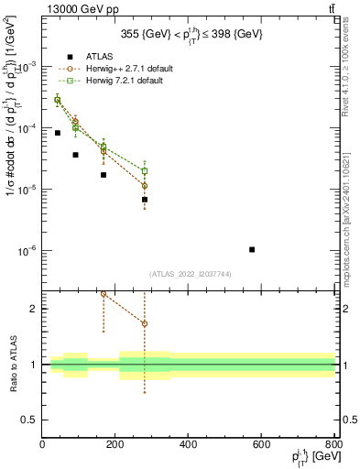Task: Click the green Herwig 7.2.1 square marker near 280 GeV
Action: [145, 170]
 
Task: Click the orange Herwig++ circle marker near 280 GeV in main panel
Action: [145, 186]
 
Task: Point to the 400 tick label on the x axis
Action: [190, 444]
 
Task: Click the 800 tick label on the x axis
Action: [335, 444]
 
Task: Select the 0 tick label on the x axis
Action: [43, 444]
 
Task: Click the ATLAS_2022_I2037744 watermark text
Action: [190, 274]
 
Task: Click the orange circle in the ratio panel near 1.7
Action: [145, 323]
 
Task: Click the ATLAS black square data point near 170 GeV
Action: [104, 175]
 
